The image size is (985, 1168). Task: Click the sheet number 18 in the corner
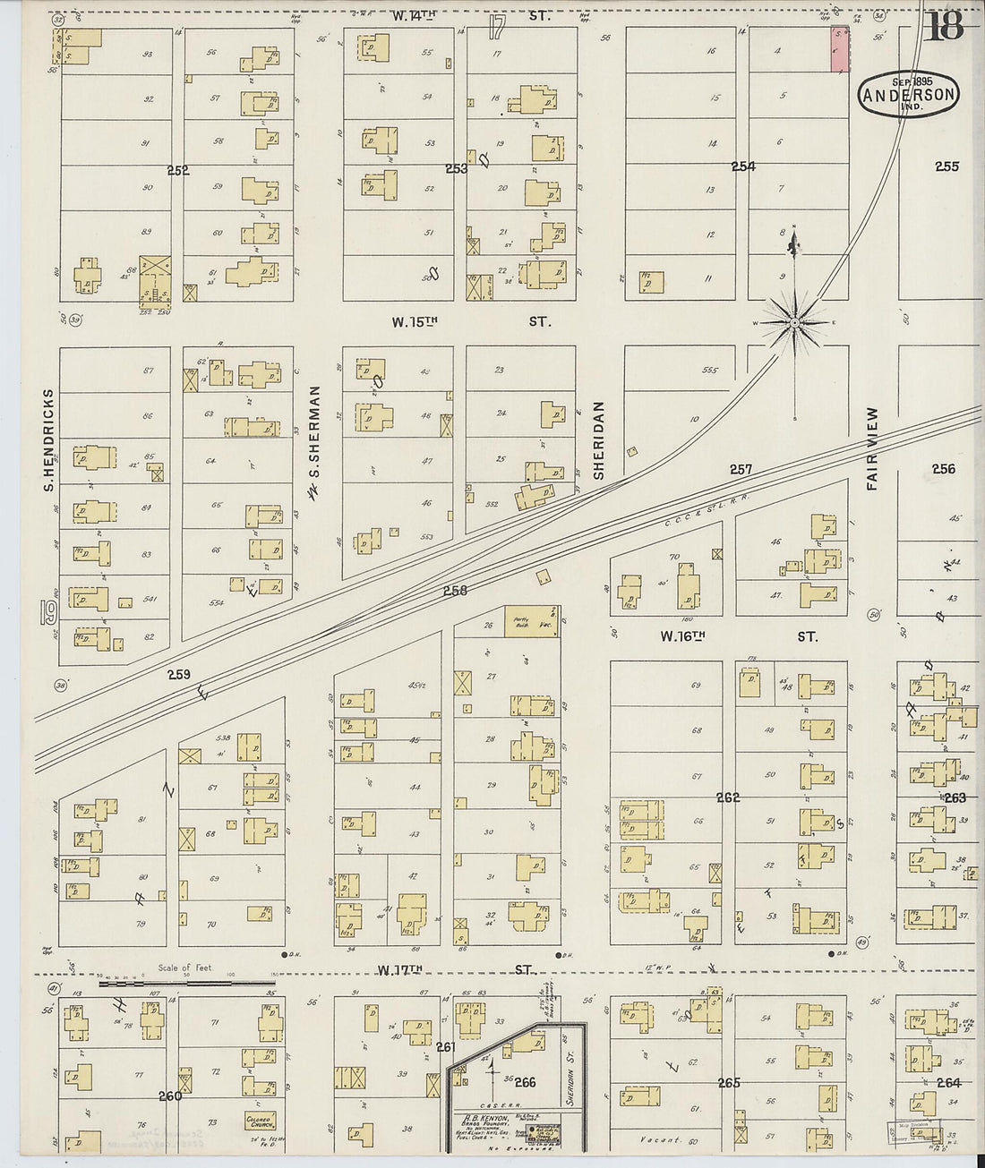pyautogui.click(x=945, y=27)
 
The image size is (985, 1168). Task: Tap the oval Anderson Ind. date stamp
pyautogui.click(x=909, y=94)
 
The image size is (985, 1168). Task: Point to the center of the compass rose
pyautogui.click(x=794, y=322)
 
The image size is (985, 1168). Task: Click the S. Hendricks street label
pyautogui.click(x=49, y=439)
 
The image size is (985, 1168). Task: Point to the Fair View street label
pyautogui.click(x=872, y=448)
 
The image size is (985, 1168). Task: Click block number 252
pyautogui.click(x=178, y=170)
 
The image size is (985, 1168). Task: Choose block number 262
pyautogui.click(x=728, y=797)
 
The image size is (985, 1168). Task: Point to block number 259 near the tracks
pyautogui.click(x=178, y=675)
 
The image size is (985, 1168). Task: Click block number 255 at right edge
pyautogui.click(x=946, y=166)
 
